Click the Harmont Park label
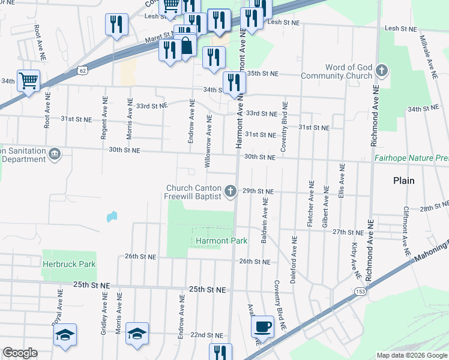click(x=213, y=241)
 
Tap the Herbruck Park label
click(x=69, y=263)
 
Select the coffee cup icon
click(x=262, y=327)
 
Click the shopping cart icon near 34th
click(x=28, y=80)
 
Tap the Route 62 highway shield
click(x=82, y=71)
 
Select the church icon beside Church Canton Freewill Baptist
click(x=229, y=192)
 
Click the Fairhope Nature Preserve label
click(x=411, y=158)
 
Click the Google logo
click(x=20, y=353)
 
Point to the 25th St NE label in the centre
click(x=208, y=289)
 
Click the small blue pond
click(x=112, y=216)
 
